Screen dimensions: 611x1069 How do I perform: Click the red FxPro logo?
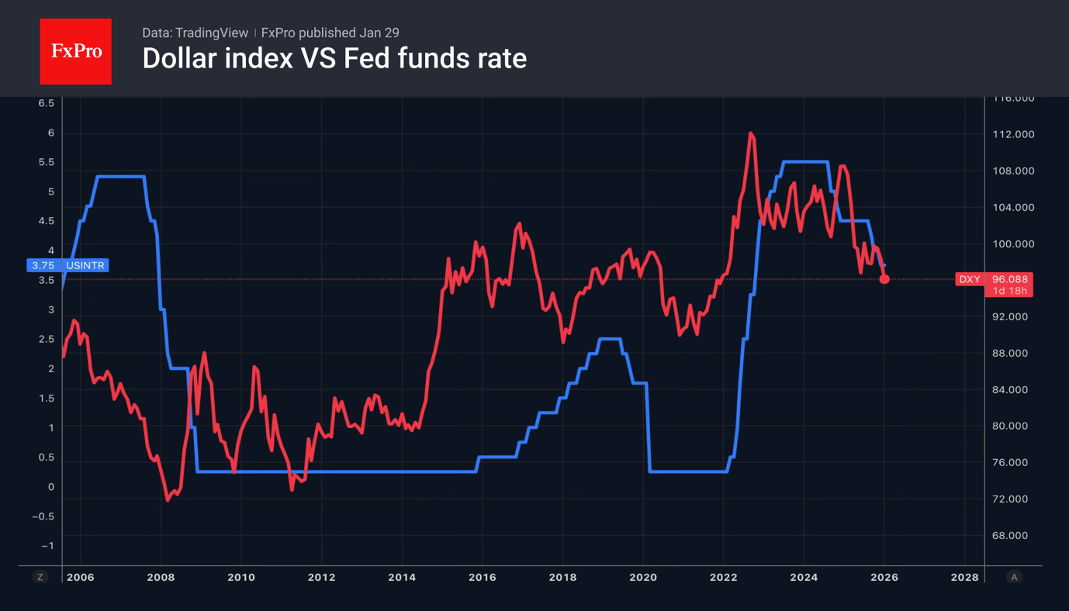point(75,51)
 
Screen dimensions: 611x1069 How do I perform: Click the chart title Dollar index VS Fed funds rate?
point(334,58)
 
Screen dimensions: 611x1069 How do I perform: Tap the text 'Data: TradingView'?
point(195,33)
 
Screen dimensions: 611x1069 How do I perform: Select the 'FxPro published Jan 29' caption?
point(330,33)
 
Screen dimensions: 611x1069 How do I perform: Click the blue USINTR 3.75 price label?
point(67,265)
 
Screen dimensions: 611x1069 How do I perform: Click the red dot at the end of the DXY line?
point(884,279)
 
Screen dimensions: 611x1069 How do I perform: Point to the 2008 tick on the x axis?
point(161,577)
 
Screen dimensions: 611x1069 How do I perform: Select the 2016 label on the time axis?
point(482,577)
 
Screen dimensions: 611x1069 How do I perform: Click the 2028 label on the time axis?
point(964,577)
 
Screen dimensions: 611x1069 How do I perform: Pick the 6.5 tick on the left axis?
point(47,103)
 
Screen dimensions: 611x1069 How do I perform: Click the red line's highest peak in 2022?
point(750,133)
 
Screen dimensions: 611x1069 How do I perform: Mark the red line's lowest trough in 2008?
point(168,500)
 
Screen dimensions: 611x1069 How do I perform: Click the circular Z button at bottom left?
point(40,577)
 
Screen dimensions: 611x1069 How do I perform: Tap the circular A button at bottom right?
point(1013,577)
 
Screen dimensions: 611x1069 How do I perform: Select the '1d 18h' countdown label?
point(1008,291)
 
